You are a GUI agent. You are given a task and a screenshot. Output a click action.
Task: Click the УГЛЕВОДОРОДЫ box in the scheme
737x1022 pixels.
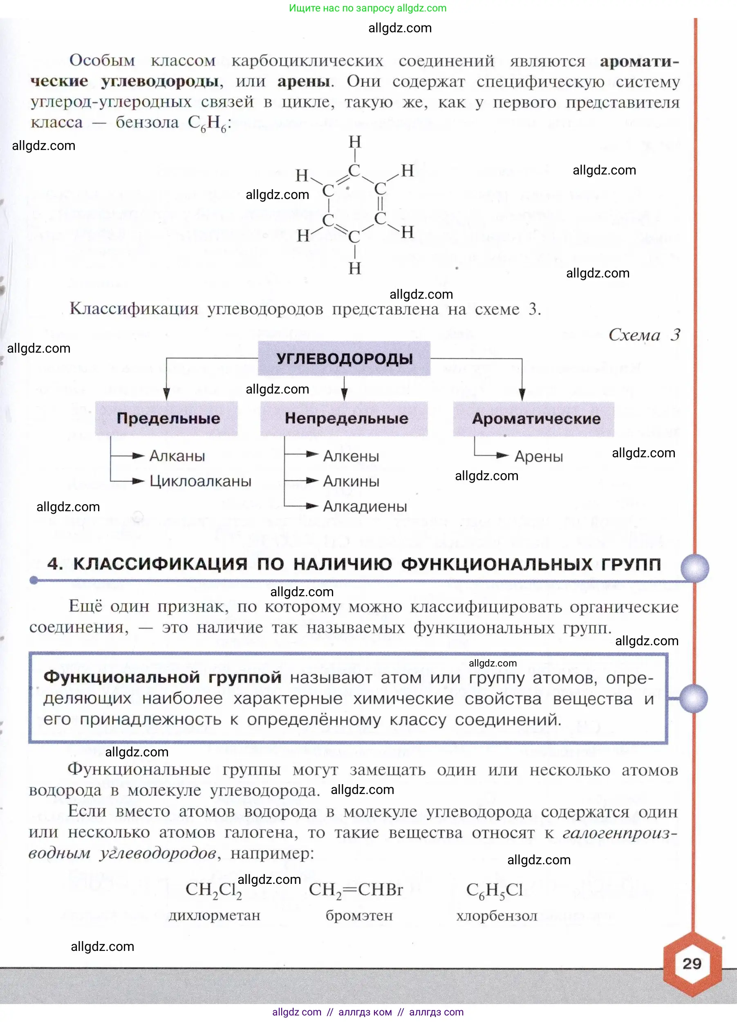[344, 358]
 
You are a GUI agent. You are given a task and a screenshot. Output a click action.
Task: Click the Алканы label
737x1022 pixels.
[177, 456]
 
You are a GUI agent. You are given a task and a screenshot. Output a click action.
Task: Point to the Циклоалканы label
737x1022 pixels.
[200, 481]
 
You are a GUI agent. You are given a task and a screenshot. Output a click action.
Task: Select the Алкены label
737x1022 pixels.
[351, 456]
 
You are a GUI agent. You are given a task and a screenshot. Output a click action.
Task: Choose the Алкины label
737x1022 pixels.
[351, 481]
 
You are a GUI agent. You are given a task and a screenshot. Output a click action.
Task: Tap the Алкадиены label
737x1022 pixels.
[365, 506]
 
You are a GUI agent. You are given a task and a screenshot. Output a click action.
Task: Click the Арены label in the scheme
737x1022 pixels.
[539, 456]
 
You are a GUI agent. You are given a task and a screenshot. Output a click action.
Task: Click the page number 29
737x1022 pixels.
[692, 964]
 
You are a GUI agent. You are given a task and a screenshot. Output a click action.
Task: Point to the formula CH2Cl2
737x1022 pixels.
[213, 890]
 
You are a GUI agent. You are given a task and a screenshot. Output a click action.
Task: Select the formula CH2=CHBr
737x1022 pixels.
[356, 890]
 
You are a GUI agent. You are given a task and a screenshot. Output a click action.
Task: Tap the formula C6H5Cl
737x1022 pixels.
[495, 890]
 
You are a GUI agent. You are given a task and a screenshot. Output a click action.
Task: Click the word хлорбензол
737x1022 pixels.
[497, 916]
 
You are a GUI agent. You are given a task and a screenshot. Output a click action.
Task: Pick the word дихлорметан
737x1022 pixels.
[215, 915]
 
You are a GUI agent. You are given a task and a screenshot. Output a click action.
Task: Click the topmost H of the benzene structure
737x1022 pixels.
[355, 142]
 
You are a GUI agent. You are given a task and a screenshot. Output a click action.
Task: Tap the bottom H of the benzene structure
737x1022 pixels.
[355, 268]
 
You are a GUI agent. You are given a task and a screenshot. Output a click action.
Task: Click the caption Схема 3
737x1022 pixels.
[644, 335]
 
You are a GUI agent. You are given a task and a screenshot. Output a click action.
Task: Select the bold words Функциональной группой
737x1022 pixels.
[162, 677]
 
